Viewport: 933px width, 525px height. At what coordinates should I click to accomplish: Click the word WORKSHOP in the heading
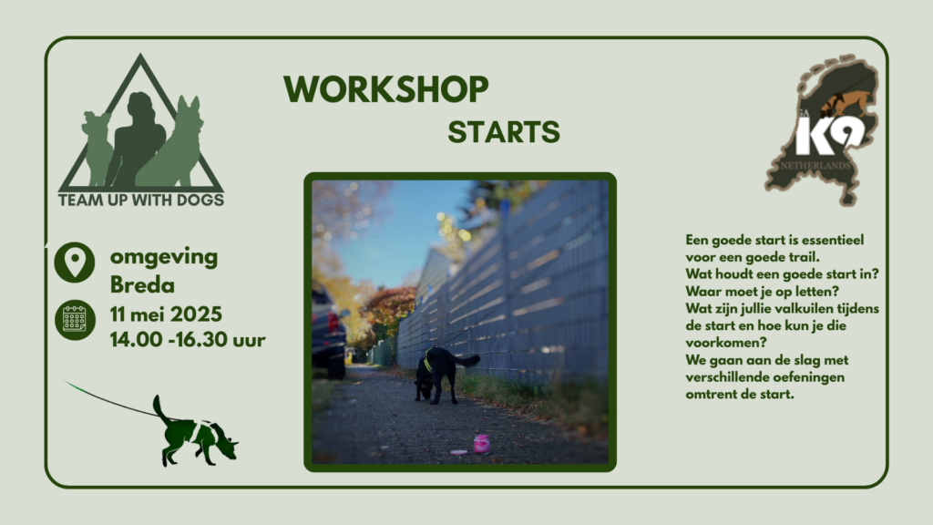[x=386, y=89]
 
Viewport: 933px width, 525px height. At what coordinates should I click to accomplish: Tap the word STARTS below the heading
[x=504, y=132]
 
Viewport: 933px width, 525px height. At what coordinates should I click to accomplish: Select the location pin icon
[x=75, y=262]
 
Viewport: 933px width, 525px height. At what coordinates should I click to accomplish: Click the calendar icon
[x=75, y=320]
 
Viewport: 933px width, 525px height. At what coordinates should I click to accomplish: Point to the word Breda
[x=142, y=285]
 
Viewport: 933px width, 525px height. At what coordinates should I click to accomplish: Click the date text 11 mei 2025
[x=166, y=314]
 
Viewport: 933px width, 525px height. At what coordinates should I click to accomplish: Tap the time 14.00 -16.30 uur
[x=188, y=339]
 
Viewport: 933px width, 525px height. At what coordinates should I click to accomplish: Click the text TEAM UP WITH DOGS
[x=141, y=200]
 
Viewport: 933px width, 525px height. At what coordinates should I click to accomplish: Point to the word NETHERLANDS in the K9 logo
[x=815, y=165]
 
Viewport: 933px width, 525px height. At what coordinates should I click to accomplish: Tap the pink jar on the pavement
[x=481, y=444]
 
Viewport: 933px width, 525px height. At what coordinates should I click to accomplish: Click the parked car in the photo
[x=328, y=334]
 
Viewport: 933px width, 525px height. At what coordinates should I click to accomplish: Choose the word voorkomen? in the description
[x=726, y=343]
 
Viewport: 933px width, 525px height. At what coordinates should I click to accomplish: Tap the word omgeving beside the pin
[x=164, y=257]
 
